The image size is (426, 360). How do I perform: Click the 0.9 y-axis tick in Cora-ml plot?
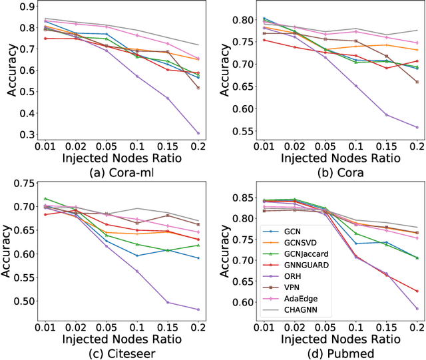(x=27, y=7)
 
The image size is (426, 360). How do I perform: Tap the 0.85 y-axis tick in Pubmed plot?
(x=239, y=198)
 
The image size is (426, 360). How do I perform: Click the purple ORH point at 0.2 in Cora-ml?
(x=198, y=132)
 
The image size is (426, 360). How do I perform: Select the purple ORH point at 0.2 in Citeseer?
(x=198, y=309)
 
